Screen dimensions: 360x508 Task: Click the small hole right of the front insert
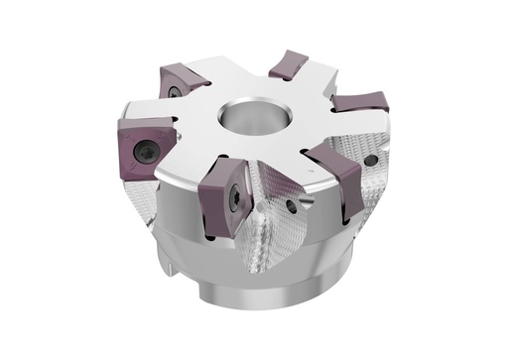[291, 206]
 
